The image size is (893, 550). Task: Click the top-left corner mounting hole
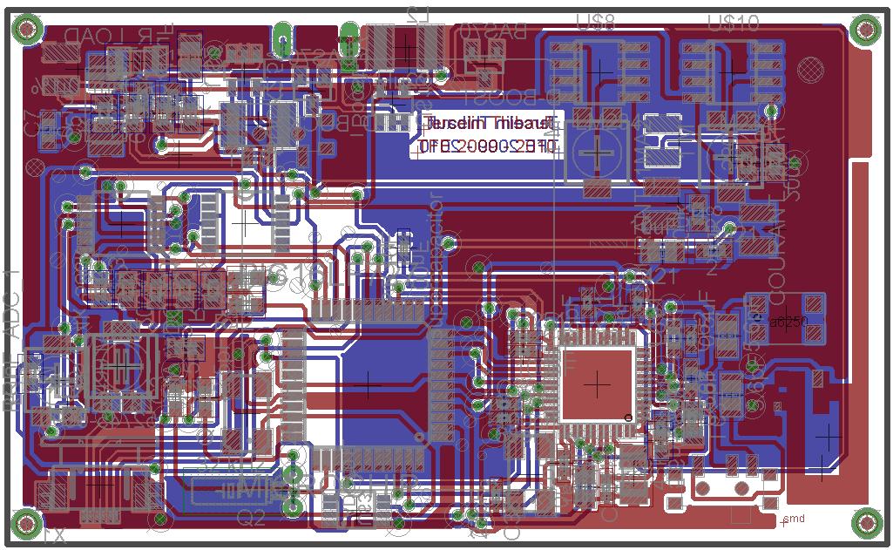(x=27, y=31)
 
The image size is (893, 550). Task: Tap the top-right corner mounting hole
(x=865, y=31)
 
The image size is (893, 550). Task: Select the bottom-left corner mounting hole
(x=27, y=524)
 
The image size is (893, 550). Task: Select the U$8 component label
(x=597, y=21)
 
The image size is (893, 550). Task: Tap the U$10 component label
(x=734, y=21)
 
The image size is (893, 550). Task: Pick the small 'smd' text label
(x=794, y=519)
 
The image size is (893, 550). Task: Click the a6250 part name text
(x=788, y=321)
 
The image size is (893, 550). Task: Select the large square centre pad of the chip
(x=597, y=383)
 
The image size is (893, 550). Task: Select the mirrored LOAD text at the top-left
(x=80, y=36)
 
